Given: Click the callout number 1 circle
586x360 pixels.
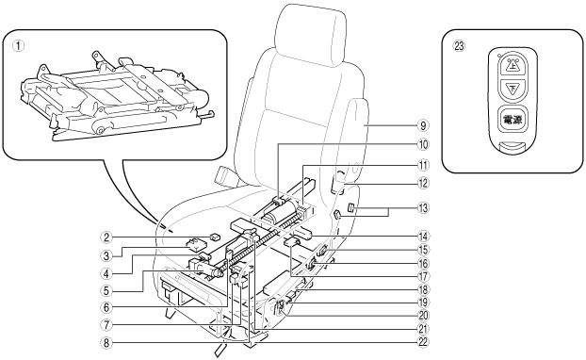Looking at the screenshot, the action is pyautogui.click(x=18, y=46).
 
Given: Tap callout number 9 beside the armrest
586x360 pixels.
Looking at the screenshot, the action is pyautogui.click(x=423, y=125).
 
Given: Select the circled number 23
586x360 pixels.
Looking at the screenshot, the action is pyautogui.click(x=459, y=46).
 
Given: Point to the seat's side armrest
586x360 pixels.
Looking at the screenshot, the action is pyautogui.click(x=354, y=139).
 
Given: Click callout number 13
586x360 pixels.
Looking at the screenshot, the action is pyautogui.click(x=423, y=208).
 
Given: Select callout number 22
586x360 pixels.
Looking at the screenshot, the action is pyautogui.click(x=423, y=342).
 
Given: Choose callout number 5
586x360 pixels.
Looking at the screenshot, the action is pyautogui.click(x=106, y=290).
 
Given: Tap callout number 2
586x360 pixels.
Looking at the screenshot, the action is pyautogui.click(x=106, y=237).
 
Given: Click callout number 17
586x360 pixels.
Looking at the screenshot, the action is pyautogui.click(x=423, y=276).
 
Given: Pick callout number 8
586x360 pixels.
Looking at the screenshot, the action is pyautogui.click(x=106, y=342).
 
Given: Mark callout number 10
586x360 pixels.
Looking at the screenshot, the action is pyautogui.click(x=423, y=144).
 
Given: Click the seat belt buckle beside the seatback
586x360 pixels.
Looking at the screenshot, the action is pyautogui.click(x=225, y=175).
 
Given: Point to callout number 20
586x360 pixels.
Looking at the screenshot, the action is pyautogui.click(x=423, y=316).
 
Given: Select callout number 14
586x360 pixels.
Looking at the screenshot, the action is pyautogui.click(x=423, y=237).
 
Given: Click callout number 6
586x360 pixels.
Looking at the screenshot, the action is pyautogui.click(x=106, y=307).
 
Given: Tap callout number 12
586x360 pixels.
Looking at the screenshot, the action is pyautogui.click(x=423, y=184).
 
